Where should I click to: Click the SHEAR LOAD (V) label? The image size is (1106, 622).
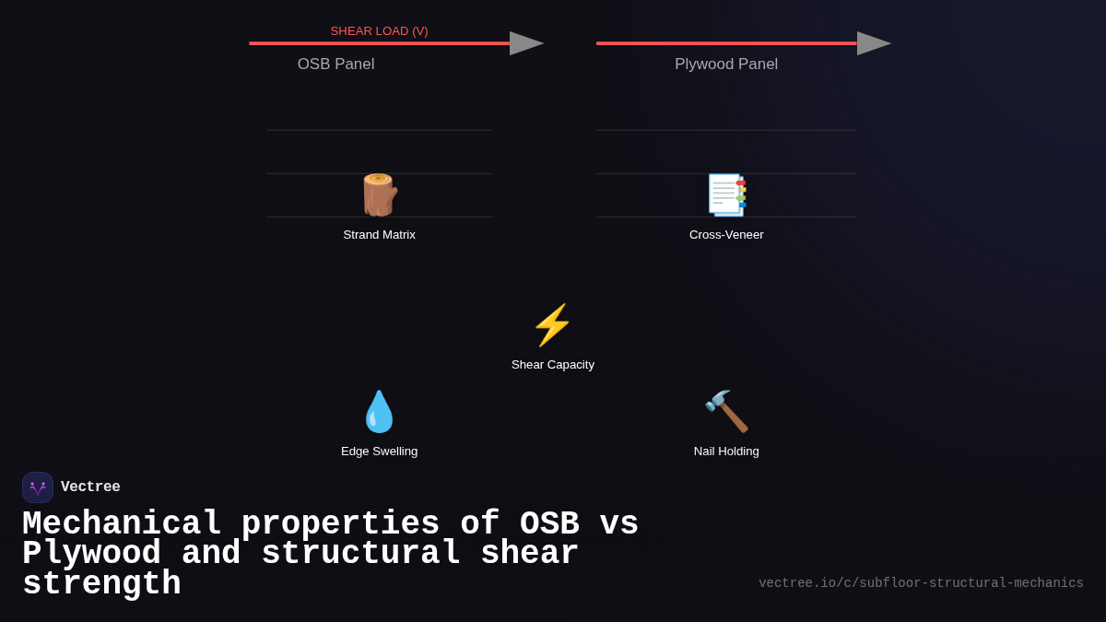click(x=379, y=31)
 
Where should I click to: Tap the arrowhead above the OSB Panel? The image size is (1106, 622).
click(x=525, y=43)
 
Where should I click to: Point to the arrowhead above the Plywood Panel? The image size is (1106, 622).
click(x=873, y=43)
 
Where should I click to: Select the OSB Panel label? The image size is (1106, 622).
click(x=335, y=65)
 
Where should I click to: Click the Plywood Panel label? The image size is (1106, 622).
click(x=726, y=65)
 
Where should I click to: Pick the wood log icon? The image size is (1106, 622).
click(x=379, y=194)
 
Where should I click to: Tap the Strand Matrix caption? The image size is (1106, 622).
click(x=379, y=235)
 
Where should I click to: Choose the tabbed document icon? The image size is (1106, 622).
click(x=726, y=194)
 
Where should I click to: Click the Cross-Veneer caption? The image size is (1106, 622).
click(x=726, y=235)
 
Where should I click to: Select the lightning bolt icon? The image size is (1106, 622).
click(x=552, y=325)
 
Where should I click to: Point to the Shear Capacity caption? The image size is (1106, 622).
click(x=553, y=365)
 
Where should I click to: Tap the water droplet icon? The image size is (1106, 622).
click(x=379, y=411)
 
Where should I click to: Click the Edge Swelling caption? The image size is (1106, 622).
click(x=379, y=452)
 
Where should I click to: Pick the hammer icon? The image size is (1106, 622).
click(x=726, y=411)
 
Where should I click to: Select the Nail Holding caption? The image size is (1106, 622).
click(x=726, y=452)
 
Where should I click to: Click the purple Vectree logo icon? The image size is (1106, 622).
click(x=38, y=487)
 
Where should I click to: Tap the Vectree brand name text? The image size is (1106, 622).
click(x=90, y=487)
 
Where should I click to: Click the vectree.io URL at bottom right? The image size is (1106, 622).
click(x=921, y=583)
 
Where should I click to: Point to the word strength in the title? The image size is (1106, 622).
click(x=101, y=584)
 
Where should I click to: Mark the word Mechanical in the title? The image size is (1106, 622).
click(x=122, y=523)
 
